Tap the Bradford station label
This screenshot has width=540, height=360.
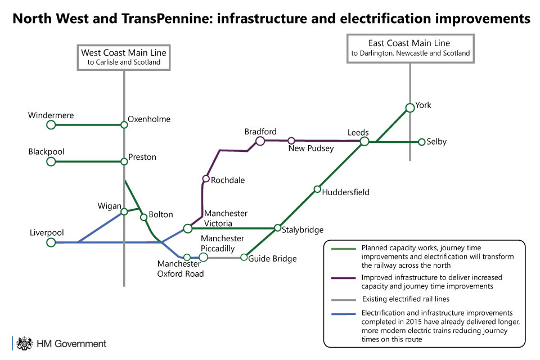point(260,132)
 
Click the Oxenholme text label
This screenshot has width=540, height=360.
point(149,119)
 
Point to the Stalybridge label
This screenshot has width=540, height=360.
point(303,229)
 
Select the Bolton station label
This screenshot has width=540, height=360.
point(161,214)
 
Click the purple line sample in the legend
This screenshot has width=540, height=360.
point(343,278)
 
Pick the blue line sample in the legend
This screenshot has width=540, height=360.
point(343,314)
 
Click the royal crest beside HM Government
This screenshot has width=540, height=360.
point(24,344)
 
